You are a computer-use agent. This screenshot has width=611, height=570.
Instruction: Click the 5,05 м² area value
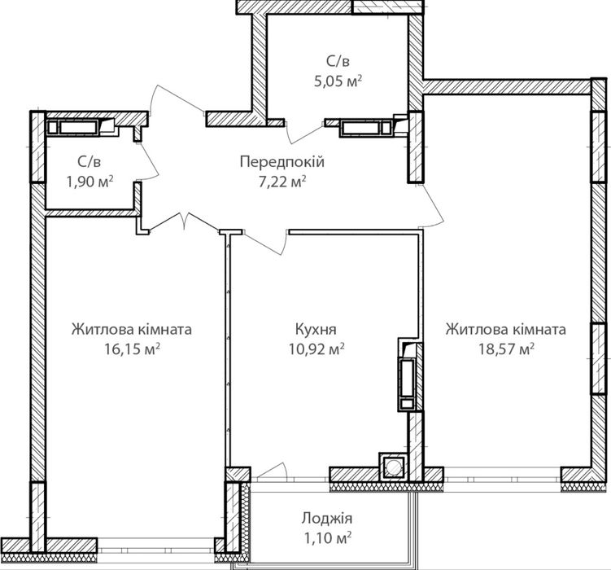pyautogui.click(x=338, y=81)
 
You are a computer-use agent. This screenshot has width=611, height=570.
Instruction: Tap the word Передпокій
pyautogui.click(x=282, y=161)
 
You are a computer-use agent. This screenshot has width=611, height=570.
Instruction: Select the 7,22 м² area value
pyautogui.click(x=282, y=182)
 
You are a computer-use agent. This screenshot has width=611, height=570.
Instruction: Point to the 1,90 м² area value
pyautogui.click(x=89, y=182)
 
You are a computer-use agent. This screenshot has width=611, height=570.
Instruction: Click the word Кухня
pyautogui.click(x=316, y=329)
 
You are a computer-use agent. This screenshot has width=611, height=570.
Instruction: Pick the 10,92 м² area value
pyautogui.click(x=316, y=349)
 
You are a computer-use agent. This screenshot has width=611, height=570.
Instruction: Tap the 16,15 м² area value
pyautogui.click(x=132, y=349)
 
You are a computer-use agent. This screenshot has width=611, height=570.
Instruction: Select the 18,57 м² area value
pyautogui.click(x=506, y=349)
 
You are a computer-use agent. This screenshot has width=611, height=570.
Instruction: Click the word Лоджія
pyautogui.click(x=326, y=518)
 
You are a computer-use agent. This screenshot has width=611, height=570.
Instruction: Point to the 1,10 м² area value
pyautogui.click(x=326, y=538)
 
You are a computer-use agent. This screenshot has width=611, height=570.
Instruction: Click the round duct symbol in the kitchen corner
pyautogui.click(x=393, y=466)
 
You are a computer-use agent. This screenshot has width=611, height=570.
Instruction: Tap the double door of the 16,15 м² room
pyautogui.click(x=183, y=222)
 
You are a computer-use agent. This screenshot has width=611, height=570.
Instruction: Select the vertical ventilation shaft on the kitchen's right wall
pyautogui.click(x=408, y=375)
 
